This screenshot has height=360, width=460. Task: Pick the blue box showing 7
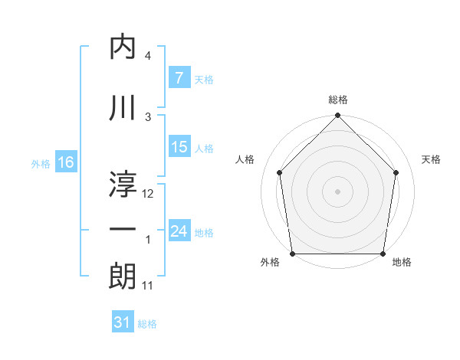pyautogui.click(x=179, y=77)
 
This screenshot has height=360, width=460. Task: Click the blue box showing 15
pyautogui.click(x=179, y=147)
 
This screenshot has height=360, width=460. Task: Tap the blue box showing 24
pyautogui.click(x=179, y=231)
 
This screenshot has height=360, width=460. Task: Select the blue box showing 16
pyautogui.click(x=65, y=162)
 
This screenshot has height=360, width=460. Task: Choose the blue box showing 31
pyautogui.click(x=122, y=322)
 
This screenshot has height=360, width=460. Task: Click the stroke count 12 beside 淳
pyautogui.click(x=149, y=194)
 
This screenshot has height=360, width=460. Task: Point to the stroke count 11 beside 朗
pyautogui.click(x=148, y=286)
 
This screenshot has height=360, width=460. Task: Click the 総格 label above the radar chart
pyautogui.click(x=338, y=100)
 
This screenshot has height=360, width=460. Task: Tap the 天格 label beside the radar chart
pyautogui.click(x=432, y=159)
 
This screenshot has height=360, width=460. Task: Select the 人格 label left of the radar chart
pyautogui.click(x=245, y=159)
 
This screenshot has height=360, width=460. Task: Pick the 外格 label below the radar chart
pyautogui.click(x=270, y=263)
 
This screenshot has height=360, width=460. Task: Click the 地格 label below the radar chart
pyautogui.click(x=402, y=263)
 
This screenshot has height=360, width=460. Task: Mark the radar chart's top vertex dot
pyautogui.click(x=338, y=116)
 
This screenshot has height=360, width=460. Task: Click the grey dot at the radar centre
pyautogui.click(x=338, y=191)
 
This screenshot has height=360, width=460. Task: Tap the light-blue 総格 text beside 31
pyautogui.click(x=147, y=324)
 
